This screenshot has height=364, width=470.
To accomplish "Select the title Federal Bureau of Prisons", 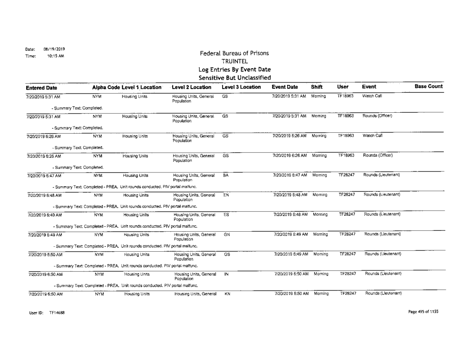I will tap(235, 53).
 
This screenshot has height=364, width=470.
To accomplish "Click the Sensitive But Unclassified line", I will tap(235, 78).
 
